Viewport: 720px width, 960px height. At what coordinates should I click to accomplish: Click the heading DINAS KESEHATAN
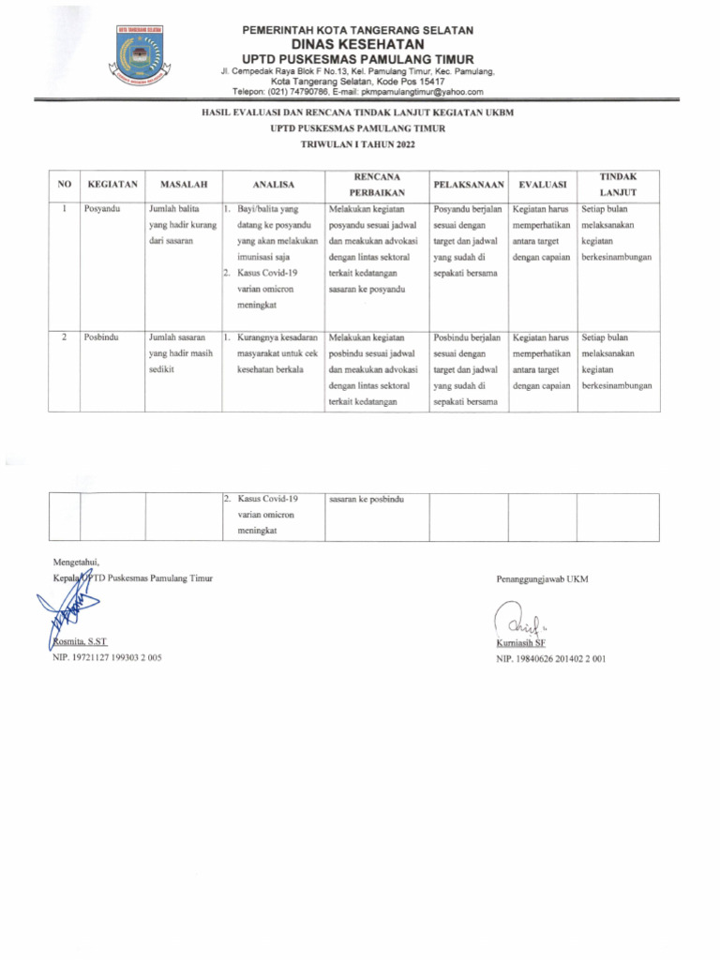357,44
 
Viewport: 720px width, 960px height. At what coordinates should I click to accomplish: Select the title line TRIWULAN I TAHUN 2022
359,145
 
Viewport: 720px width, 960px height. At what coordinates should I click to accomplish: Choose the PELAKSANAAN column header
469,185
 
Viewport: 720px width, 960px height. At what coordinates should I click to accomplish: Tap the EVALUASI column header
542,185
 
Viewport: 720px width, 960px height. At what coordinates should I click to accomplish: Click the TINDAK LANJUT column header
617,184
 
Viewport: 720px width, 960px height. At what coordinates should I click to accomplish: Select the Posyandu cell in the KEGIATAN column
101,209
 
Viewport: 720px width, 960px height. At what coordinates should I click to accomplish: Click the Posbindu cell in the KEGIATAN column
100,337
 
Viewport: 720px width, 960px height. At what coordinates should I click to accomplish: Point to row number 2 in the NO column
63,337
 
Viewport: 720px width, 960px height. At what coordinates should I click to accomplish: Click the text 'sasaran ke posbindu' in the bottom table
367,500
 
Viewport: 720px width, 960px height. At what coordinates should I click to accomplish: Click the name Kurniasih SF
521,644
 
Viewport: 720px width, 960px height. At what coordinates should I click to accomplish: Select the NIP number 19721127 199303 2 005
107,658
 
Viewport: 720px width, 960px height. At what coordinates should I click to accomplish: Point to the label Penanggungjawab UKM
542,579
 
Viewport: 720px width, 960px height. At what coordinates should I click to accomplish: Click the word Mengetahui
76,561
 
